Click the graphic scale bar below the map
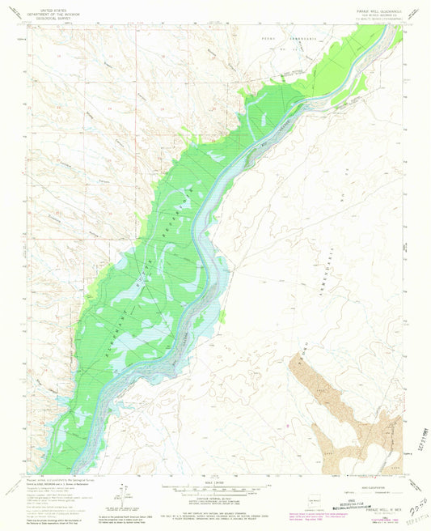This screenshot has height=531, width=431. point(215,491)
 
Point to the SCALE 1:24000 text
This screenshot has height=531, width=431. point(215,483)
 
